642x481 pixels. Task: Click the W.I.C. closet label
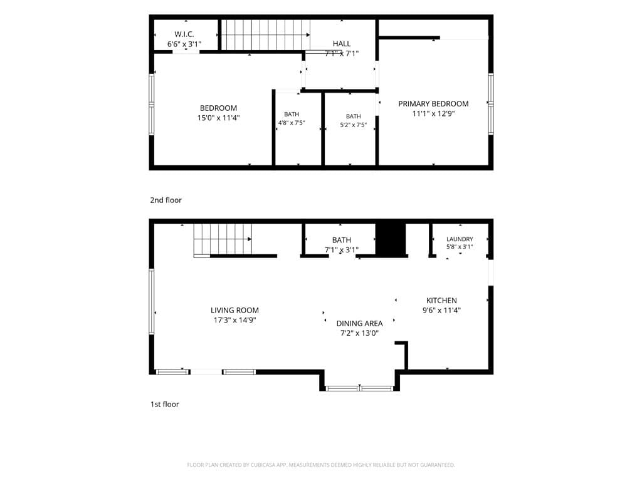184,34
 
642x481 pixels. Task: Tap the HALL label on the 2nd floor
342,44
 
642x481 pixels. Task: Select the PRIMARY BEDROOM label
433,104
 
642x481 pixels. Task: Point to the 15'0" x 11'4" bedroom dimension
218,118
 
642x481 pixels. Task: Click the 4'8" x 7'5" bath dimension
292,123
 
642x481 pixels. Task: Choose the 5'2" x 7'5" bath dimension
354,125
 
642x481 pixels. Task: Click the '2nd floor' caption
166,200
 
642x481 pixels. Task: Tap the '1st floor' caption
165,404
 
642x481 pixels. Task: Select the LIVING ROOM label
234,311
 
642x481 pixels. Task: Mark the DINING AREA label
359,324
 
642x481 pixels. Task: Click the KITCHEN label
441,301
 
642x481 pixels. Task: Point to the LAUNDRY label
460,239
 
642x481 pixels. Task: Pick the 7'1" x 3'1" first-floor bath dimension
342,250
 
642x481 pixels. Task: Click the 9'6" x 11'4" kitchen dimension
441,311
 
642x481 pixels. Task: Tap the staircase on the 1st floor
223,240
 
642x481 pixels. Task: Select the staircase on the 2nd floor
265,35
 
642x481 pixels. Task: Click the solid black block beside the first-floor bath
391,240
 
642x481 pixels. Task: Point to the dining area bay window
359,388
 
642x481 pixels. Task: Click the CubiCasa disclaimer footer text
320,465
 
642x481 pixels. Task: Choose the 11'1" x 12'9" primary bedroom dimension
433,114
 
